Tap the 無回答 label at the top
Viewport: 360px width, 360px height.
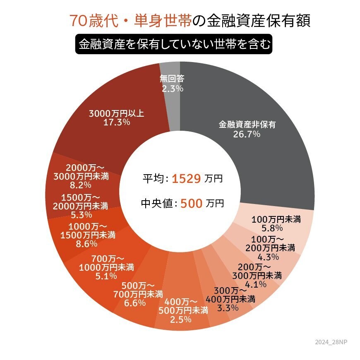click(172, 79)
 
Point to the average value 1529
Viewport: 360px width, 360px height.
click(186, 179)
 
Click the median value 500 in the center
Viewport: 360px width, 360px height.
click(191, 204)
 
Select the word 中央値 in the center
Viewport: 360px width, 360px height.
click(157, 204)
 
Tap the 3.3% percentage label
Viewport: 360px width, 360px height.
click(228, 307)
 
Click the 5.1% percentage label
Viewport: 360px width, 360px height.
click(106, 276)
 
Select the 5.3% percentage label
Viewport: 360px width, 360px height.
click(81, 215)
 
